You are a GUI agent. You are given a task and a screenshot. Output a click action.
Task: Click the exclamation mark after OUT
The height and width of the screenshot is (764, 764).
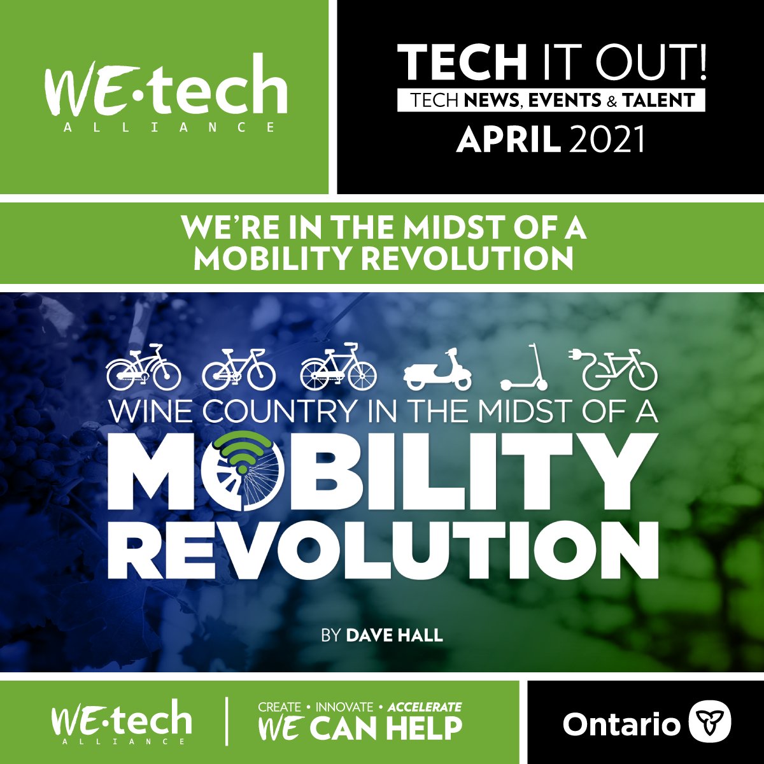[x=701, y=63]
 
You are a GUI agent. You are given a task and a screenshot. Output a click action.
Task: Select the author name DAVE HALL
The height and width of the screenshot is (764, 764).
[x=394, y=635]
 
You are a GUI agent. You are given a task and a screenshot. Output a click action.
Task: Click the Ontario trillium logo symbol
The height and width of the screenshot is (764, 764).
[x=711, y=723]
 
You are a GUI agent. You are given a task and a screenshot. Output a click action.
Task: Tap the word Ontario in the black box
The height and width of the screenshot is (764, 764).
[x=621, y=725]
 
